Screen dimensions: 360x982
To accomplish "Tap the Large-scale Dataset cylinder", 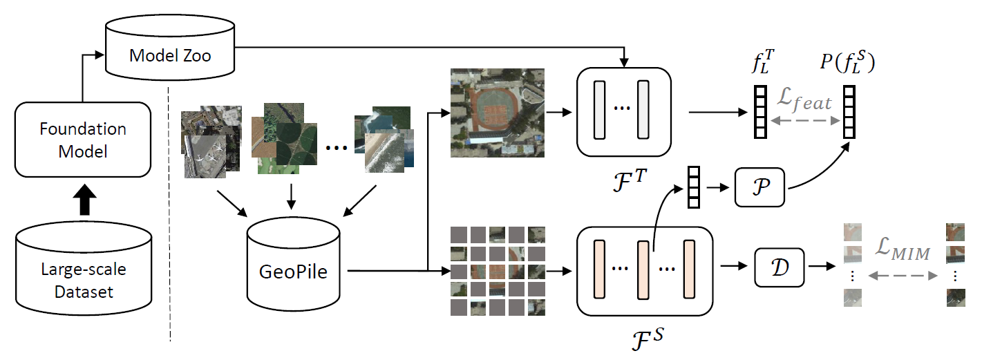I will click(x=83, y=272).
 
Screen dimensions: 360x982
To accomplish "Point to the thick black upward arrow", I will click(x=82, y=203).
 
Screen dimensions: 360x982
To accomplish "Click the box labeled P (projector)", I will click(x=759, y=187).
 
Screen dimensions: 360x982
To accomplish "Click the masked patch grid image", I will click(x=497, y=270).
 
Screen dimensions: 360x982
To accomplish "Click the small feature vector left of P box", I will click(x=693, y=186).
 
